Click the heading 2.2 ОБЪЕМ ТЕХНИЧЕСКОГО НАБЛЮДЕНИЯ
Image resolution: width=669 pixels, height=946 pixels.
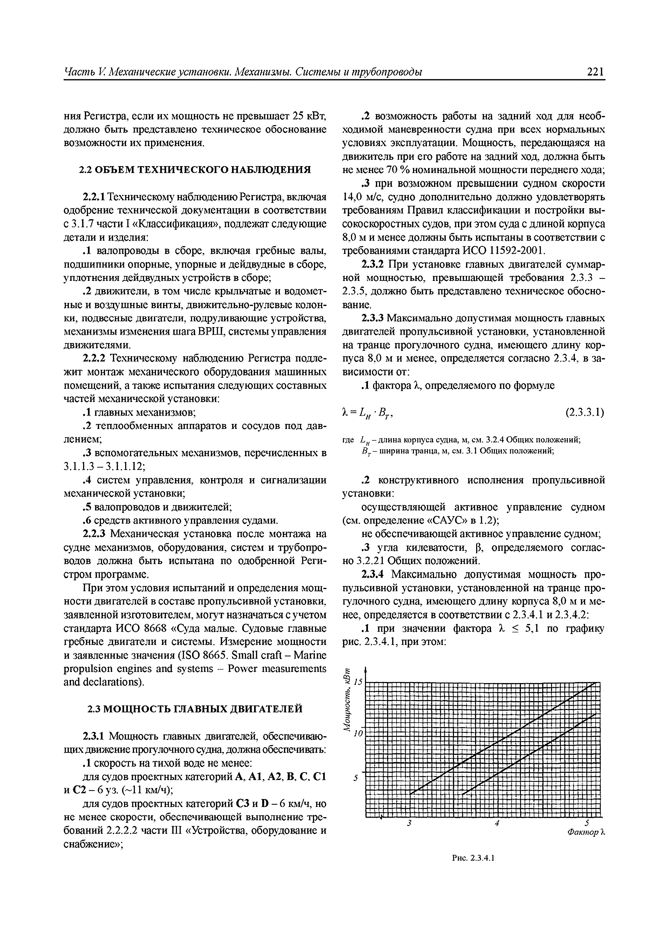pos(195,170)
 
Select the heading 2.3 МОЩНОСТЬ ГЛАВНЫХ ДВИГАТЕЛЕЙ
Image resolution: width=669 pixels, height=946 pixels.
pos(195,709)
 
